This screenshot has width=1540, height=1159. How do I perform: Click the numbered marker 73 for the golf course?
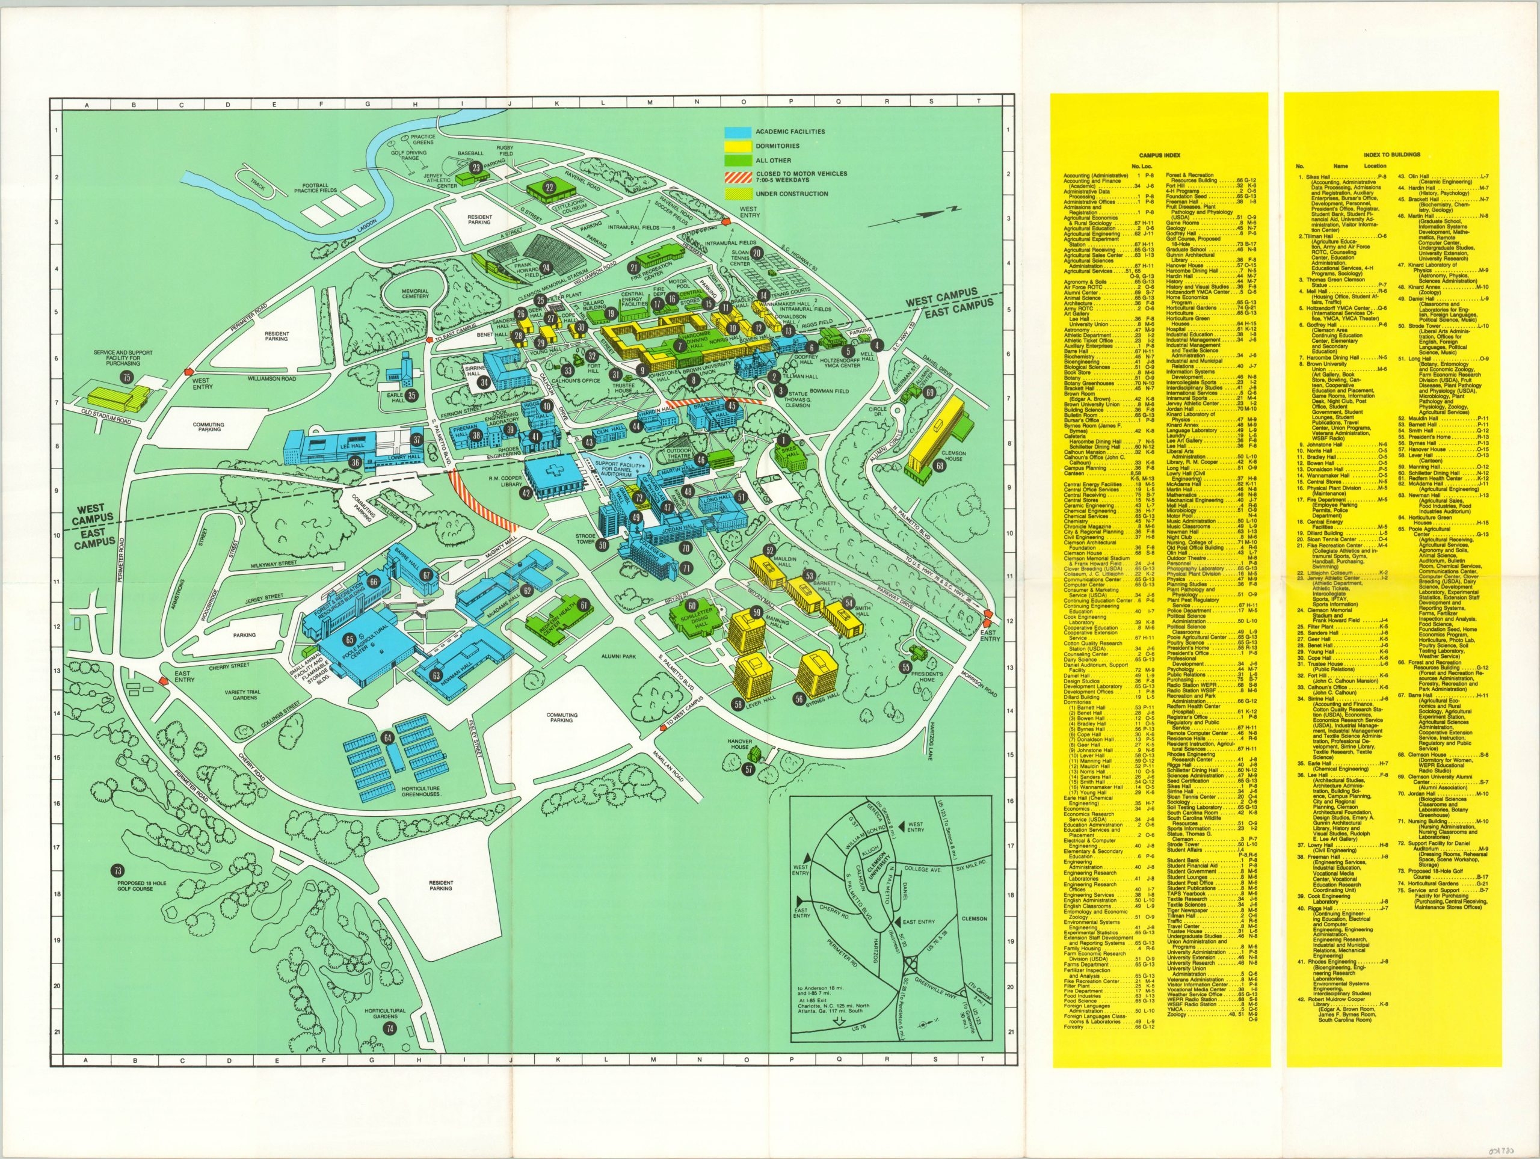118,870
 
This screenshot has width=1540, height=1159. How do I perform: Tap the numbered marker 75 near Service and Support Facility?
126,377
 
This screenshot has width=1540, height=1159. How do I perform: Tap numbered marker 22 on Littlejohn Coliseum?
549,187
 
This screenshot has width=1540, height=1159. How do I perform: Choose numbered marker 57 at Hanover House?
748,769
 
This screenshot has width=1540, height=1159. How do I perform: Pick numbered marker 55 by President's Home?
905,667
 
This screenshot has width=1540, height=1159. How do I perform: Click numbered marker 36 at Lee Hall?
355,462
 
